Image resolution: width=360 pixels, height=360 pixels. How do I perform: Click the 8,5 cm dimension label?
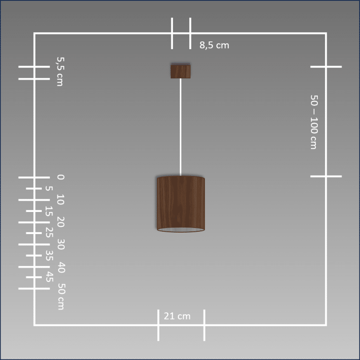pyautogui.click(x=214, y=45)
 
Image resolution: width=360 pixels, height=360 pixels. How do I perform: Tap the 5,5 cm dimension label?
pyautogui.click(x=61, y=72)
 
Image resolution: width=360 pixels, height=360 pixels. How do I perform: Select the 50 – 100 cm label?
pyautogui.click(x=314, y=122)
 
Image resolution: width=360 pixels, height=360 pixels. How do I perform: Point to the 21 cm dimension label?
pyautogui.click(x=177, y=316)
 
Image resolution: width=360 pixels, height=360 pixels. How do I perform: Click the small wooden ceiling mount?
pyautogui.click(x=181, y=71)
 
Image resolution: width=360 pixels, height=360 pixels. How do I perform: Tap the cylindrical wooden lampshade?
pyautogui.click(x=181, y=204)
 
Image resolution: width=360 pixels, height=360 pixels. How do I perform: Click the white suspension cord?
pyautogui.click(x=181, y=127)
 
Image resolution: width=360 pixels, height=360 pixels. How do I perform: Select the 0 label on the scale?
pyautogui.click(x=61, y=177)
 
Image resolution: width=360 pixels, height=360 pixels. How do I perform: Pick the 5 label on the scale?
pyautogui.click(x=49, y=189)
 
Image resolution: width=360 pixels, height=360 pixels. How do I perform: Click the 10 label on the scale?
pyautogui.click(x=61, y=199)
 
